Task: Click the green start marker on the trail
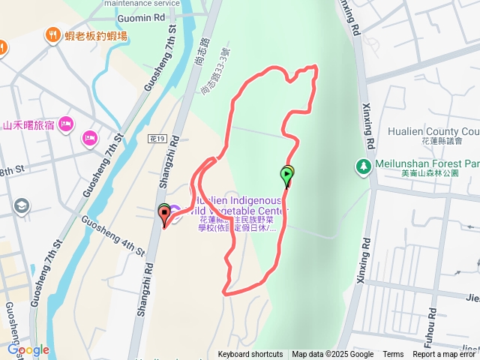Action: pyautogui.click(x=287, y=175)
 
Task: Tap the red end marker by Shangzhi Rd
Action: pyautogui.click(x=164, y=217)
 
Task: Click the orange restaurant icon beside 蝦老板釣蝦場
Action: pyautogui.click(x=52, y=34)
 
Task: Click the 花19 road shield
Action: pyautogui.click(x=156, y=139)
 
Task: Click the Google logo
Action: pyautogui.click(x=28, y=349)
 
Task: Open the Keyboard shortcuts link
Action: pyautogui.click(x=250, y=355)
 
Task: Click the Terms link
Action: pyautogui.click(x=393, y=355)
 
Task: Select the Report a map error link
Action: pyautogui.click(x=445, y=355)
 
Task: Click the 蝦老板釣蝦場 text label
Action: pyautogui.click(x=96, y=35)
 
